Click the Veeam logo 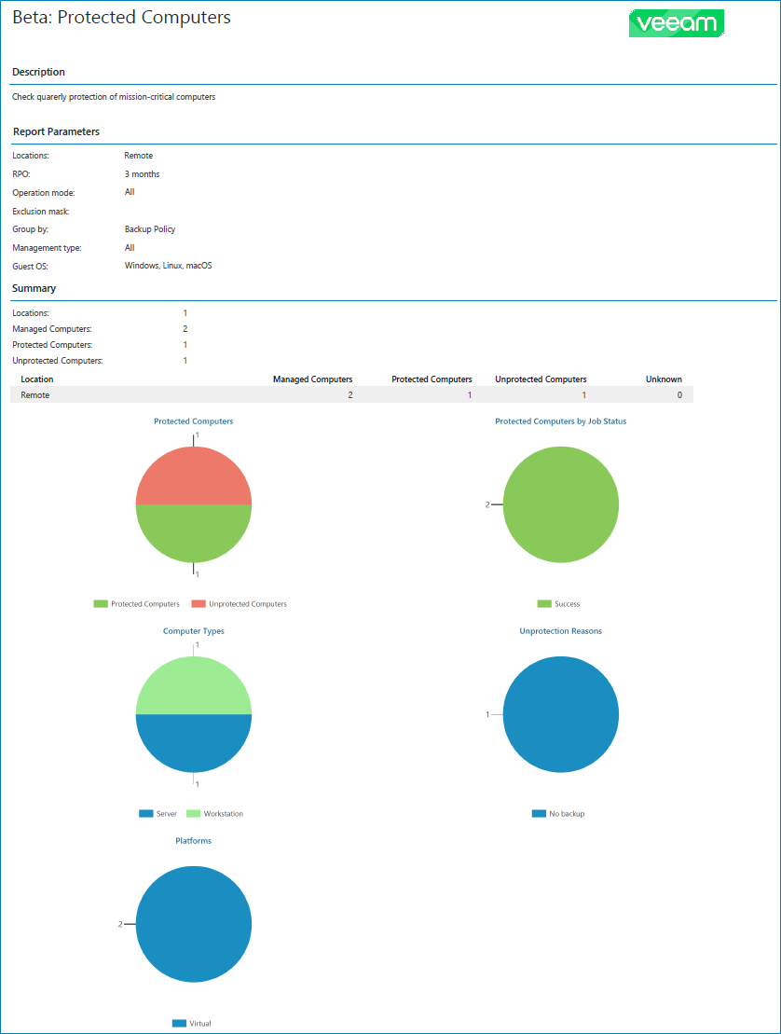pyautogui.click(x=677, y=23)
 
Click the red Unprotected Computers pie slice pyautogui.click(x=194, y=476)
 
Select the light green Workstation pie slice pyautogui.click(x=194, y=686)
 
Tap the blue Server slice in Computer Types pyautogui.click(x=194, y=742)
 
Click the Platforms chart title pyautogui.click(x=194, y=841)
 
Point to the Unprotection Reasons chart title pyautogui.click(x=560, y=631)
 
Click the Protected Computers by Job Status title pyautogui.click(x=560, y=421)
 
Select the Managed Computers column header pyautogui.click(x=312, y=379)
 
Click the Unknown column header pyautogui.click(x=664, y=379)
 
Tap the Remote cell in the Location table pyautogui.click(x=35, y=395)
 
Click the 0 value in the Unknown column pyautogui.click(x=679, y=395)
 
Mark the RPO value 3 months pyautogui.click(x=142, y=174)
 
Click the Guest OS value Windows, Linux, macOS pyautogui.click(x=168, y=266)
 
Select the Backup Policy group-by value pyautogui.click(x=150, y=229)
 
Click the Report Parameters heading pyautogui.click(x=56, y=132)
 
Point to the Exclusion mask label pyautogui.click(x=40, y=212)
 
